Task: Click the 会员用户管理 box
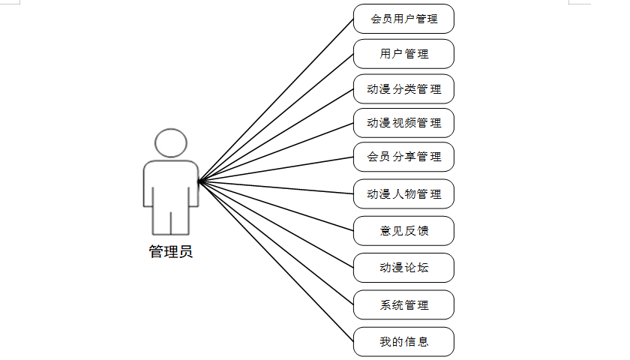pos(403,19)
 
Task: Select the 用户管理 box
pos(403,54)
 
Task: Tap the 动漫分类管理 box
pos(403,89)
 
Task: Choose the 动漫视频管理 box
pos(403,123)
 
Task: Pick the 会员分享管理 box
pos(403,157)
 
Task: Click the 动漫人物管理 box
pos(403,194)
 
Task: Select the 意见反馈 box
pos(403,231)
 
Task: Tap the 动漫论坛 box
pos(403,268)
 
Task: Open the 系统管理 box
pos(403,305)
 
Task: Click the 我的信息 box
pos(403,341)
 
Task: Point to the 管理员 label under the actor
pos(171,252)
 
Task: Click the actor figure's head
pos(171,142)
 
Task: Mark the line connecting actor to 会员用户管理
pos(276,100)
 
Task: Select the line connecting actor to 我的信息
pos(276,261)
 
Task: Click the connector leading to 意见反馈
pos(276,205)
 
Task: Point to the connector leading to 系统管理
pos(276,242)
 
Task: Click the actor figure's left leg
pos(160,217)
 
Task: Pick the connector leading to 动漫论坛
pos(276,224)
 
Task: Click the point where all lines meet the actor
pos(199,181)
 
